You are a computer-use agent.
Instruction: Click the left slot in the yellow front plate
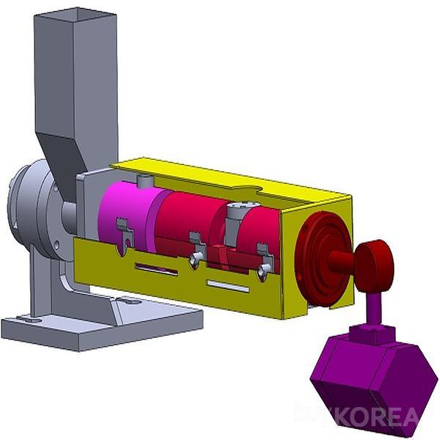pos(156,269)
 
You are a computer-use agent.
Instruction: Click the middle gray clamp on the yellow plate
pos(196,249)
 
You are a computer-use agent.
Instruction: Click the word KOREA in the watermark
pos(377,417)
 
